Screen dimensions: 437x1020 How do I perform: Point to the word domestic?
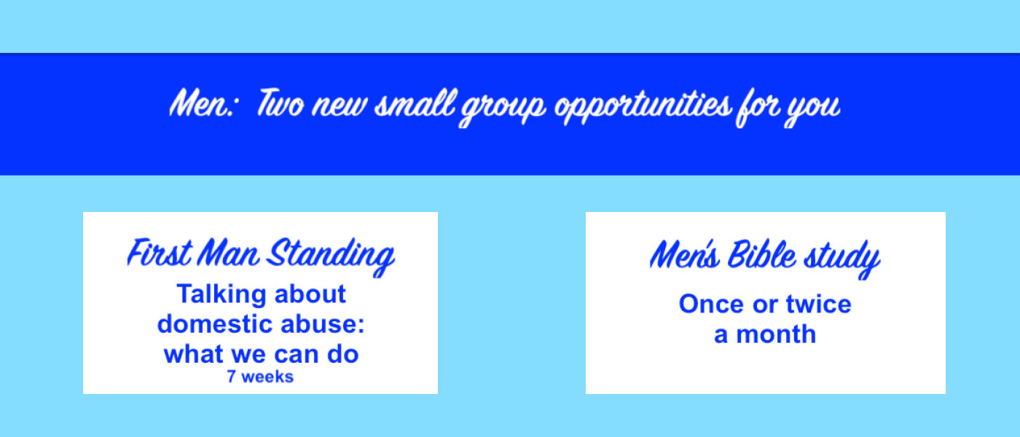(x=207, y=324)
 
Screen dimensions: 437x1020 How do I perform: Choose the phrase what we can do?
(x=261, y=355)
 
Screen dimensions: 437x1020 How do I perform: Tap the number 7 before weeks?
(x=231, y=377)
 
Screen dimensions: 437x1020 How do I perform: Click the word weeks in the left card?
(x=267, y=377)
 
